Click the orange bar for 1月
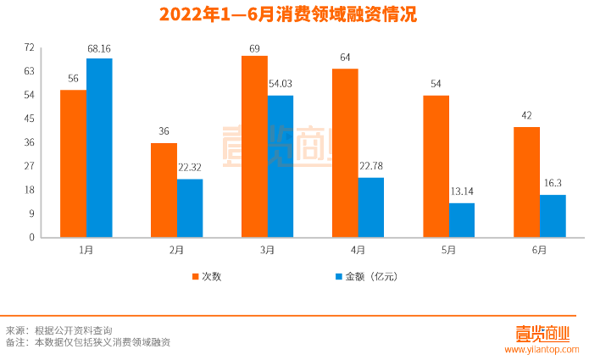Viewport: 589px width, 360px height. pyautogui.click(x=73, y=163)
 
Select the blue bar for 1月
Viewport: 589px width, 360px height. pyautogui.click(x=99, y=147)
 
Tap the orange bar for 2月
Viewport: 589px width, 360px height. pyautogui.click(x=164, y=190)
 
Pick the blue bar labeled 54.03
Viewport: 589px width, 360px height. pyautogui.click(x=281, y=166)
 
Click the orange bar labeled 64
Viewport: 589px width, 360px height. pyautogui.click(x=345, y=152)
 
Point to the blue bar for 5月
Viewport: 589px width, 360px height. pyautogui.click(x=462, y=220)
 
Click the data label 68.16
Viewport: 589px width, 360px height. pyautogui.click(x=99, y=49)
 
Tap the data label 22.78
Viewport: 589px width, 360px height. pyautogui.click(x=371, y=169)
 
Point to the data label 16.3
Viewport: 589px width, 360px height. pyautogui.click(x=553, y=186)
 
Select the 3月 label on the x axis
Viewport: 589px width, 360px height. pyautogui.click(x=267, y=250)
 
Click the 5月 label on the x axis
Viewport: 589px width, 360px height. pyautogui.click(x=448, y=250)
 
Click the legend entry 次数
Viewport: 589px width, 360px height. pyautogui.click(x=206, y=276)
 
